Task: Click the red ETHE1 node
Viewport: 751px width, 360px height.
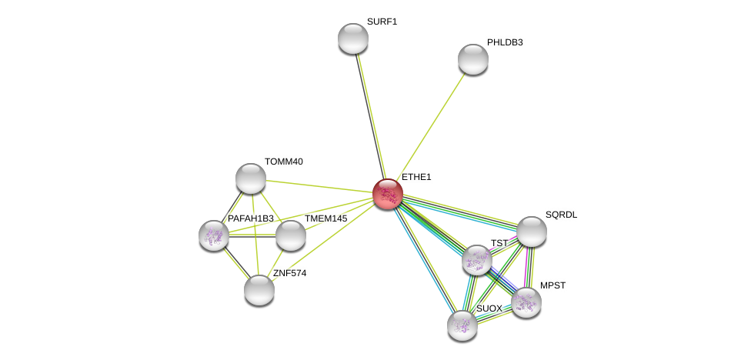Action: point(388,194)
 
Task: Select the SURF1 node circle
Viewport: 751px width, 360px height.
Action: point(353,38)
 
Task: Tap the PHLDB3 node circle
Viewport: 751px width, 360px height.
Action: point(473,59)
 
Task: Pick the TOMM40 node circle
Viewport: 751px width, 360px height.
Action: point(251,178)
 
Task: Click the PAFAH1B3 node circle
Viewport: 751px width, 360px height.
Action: point(214,235)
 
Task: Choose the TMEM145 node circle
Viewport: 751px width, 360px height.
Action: point(291,235)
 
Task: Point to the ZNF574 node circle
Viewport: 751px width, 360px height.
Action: point(259,290)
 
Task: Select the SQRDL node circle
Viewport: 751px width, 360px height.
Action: point(532,232)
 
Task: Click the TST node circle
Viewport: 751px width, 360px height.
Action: point(477,260)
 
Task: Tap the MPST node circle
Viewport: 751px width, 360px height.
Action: point(526,302)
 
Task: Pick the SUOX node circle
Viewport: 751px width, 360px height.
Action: point(462,325)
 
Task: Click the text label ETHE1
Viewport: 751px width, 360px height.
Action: point(416,177)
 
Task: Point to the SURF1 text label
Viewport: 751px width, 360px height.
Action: point(382,22)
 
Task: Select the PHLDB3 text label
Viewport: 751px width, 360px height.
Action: point(505,42)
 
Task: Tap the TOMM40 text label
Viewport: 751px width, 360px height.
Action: point(284,162)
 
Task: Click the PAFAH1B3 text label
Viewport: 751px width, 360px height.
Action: point(250,218)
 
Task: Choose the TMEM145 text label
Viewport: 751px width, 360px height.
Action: point(325,218)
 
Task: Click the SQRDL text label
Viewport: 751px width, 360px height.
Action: point(561,215)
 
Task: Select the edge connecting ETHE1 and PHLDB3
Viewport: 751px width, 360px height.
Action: point(431,126)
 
